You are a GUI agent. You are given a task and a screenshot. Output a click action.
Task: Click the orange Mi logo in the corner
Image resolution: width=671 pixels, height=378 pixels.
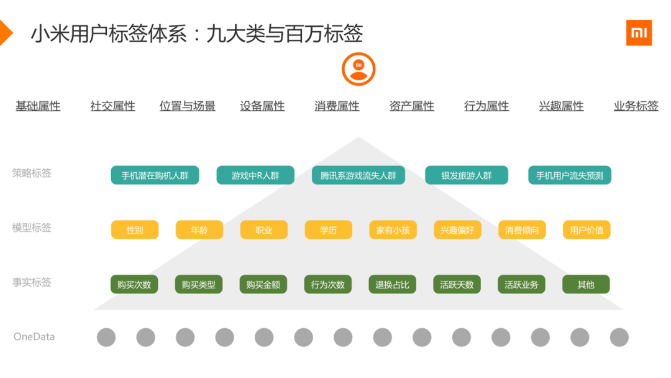pos(639,33)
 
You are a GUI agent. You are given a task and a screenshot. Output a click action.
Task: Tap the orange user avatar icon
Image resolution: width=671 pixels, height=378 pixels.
pos(358,69)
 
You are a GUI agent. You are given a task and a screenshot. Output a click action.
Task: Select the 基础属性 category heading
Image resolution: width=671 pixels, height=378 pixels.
pos(38,106)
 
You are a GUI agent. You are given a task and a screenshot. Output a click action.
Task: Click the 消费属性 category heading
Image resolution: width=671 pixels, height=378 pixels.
pos(337,106)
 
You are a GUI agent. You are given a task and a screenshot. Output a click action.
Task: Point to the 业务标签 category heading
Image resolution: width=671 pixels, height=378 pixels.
pos(636,106)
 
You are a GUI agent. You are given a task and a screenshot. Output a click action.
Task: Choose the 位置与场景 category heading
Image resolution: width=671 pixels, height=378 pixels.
pos(187,106)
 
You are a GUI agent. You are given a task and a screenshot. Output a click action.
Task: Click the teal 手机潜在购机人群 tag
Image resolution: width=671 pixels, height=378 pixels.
pos(155,175)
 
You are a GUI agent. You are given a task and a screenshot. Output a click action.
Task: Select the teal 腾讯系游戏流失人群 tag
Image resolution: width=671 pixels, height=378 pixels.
pos(358,175)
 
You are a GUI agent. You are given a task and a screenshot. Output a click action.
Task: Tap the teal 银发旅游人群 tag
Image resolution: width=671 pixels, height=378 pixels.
pos(466,175)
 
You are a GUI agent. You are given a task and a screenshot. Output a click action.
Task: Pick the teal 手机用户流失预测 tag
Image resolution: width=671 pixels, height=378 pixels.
pos(569,175)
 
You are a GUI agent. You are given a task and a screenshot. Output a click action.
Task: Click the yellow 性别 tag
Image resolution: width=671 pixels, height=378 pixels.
pos(135,230)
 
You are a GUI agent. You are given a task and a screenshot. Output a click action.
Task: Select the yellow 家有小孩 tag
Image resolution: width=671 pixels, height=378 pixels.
pos(393,230)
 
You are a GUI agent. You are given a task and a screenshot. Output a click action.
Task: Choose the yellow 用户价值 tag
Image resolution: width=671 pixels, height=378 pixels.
pos(587,230)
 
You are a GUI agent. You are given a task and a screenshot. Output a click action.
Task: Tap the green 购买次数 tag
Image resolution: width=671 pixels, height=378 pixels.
pos(134,285)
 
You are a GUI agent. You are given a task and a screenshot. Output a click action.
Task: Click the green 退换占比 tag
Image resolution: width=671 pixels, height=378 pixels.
pos(393,285)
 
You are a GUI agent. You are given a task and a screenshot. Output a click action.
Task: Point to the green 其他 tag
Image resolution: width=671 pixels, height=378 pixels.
pos(586,285)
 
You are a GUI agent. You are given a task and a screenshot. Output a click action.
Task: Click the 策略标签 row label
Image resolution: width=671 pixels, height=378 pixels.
pos(32,173)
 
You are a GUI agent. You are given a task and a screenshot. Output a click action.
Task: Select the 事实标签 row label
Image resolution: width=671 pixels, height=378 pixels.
pos(32,282)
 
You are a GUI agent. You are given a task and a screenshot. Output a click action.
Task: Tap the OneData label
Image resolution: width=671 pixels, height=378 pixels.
pos(34,337)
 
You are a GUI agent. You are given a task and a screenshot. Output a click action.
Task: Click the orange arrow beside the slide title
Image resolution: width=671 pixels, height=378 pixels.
pos(5,33)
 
